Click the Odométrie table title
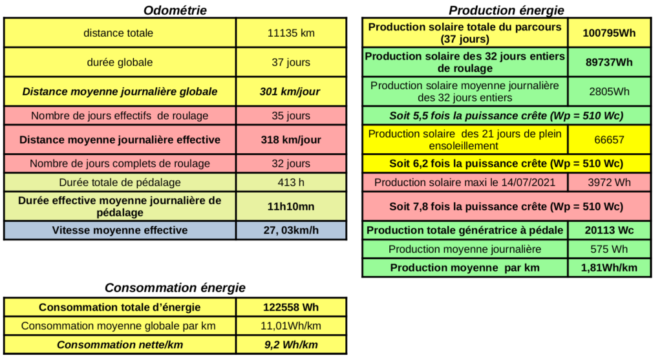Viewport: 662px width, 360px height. click(175, 10)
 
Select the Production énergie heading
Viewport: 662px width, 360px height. click(506, 10)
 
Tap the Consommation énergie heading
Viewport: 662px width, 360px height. click(175, 288)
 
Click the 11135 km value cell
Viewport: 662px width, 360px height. click(291, 33)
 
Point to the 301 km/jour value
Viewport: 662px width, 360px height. click(290, 92)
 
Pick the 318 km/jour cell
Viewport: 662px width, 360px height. click(290, 140)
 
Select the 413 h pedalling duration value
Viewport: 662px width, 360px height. click(291, 182)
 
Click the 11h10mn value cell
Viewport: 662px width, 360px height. click(291, 206)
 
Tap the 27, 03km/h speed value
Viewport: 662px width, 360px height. click(291, 230)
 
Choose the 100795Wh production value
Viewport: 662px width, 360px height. click(610, 33)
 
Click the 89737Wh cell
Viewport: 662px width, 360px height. click(610, 62)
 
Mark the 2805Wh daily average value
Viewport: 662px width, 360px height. click(610, 92)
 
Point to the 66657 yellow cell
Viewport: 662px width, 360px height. click(610, 140)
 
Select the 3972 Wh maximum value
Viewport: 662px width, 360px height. click(610, 182)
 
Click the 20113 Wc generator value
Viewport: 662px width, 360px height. click(610, 230)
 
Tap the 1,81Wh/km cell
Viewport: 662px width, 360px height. click(610, 268)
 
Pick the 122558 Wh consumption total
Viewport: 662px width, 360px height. click(291, 307)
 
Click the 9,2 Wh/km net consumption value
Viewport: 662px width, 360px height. click(291, 344)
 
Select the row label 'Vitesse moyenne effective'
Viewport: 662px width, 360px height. click(120, 230)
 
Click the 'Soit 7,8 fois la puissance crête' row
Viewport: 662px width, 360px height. click(506, 207)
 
